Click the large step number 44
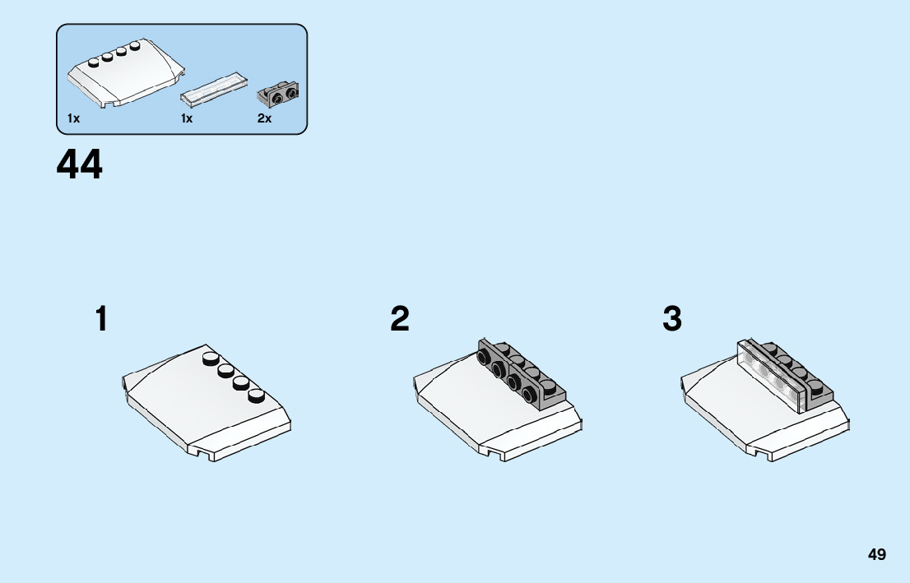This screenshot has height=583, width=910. coord(80,164)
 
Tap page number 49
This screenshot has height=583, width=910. coord(876,554)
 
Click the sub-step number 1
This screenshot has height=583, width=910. coord(101,319)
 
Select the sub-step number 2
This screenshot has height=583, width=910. coord(400,319)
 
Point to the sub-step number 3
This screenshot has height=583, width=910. coord(672,319)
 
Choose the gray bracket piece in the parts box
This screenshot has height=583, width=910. coord(279,93)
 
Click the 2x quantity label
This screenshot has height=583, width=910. coord(264,118)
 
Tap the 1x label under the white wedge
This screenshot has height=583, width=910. coord(74,118)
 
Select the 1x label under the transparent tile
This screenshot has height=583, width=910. coord(187,118)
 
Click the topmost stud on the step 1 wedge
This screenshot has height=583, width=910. coord(211,358)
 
